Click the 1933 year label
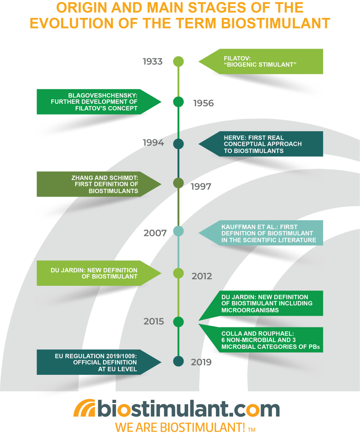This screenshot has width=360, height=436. [153, 62]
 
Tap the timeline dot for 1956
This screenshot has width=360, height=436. [179, 102]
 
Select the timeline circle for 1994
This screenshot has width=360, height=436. [179, 144]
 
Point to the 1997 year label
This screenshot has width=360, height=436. [201, 187]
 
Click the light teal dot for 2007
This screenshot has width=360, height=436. [179, 231]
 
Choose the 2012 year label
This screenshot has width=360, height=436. [202, 276]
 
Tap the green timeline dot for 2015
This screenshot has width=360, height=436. [179, 322]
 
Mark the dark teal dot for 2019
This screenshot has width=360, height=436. [179, 361]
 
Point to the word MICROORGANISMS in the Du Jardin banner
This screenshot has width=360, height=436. [250, 310]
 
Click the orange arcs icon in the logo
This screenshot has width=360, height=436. [84, 409]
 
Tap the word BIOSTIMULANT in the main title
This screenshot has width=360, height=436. [276, 23]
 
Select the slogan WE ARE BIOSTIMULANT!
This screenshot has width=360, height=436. [180, 428]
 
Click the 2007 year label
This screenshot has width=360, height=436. [155, 233]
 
